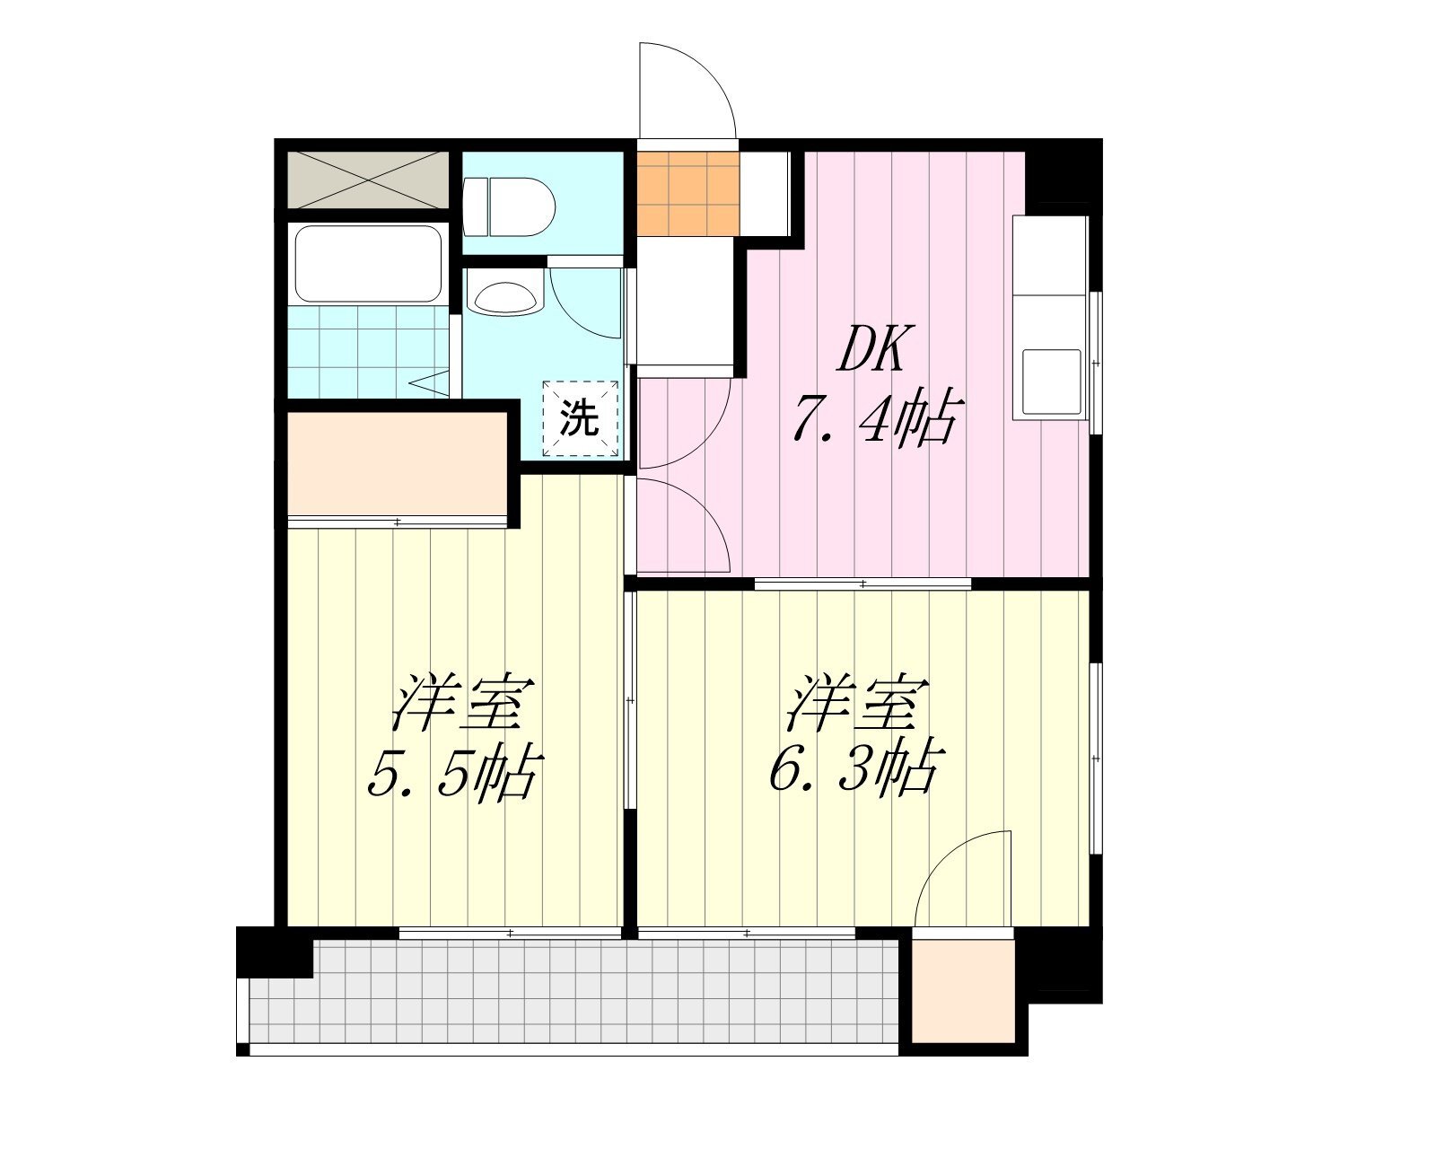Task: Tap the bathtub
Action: [x=368, y=264]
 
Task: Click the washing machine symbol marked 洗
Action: [x=580, y=418]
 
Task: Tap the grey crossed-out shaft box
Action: [x=368, y=179]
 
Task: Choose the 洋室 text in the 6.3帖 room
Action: [x=857, y=704]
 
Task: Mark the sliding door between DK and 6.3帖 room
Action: [x=862, y=584]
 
